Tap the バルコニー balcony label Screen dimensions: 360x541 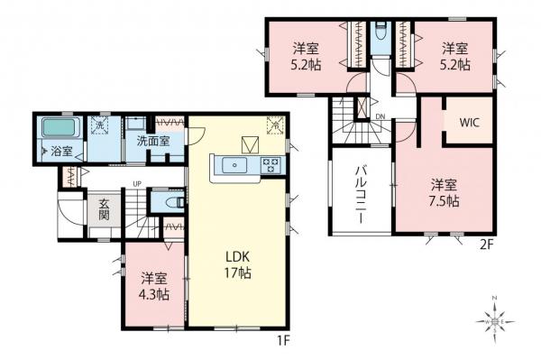[359, 193]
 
